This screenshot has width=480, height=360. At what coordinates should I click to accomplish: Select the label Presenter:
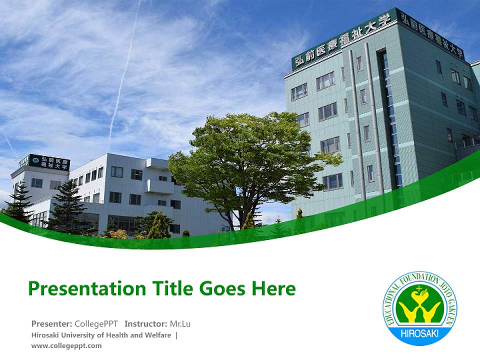coord(52,323)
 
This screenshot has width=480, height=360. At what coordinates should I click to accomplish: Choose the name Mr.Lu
coord(180,323)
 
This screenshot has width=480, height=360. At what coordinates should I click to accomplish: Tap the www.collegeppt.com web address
coord(66,345)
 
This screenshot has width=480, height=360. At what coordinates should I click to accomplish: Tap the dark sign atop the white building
coord(49,162)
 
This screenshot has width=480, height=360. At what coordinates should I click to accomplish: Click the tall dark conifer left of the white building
coord(67,205)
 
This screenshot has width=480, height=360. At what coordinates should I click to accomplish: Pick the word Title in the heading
coord(171,288)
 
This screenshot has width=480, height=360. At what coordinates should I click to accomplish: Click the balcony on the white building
coord(159,186)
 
